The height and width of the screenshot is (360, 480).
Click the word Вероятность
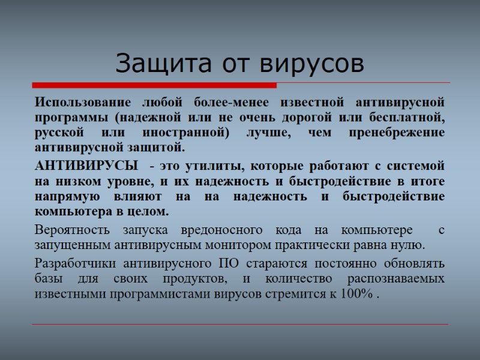71,230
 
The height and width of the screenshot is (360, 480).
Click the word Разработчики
75,263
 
